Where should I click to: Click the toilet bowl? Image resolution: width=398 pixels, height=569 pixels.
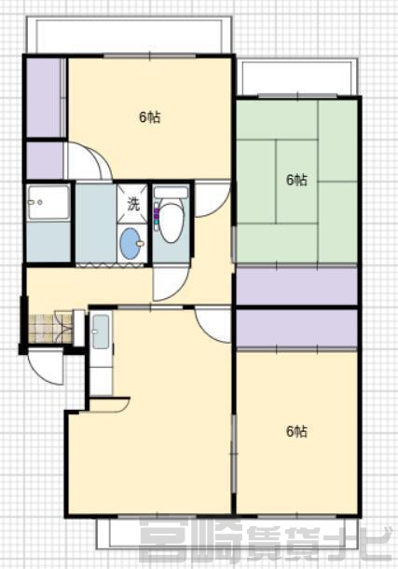point(172,223)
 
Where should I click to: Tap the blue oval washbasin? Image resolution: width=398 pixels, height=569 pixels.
point(132,243)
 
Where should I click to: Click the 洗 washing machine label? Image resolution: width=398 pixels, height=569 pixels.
point(133,204)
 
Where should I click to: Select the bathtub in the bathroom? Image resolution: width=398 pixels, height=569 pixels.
point(48,202)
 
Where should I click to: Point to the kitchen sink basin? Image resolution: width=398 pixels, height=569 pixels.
point(101,332)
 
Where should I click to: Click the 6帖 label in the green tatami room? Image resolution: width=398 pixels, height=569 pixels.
point(296,180)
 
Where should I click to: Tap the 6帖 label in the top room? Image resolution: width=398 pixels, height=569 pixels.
point(150,117)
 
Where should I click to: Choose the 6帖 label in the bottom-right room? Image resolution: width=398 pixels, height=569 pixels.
point(296,431)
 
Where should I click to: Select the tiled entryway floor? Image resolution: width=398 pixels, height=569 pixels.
point(50,328)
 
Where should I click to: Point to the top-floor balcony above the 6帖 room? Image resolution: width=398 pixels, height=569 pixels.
point(129,35)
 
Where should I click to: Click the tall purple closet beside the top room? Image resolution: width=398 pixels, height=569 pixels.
point(44,97)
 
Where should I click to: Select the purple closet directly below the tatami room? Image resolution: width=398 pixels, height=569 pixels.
point(296,286)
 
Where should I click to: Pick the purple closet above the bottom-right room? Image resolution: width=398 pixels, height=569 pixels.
point(296,328)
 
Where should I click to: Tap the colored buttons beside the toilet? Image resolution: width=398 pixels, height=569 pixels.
point(157,216)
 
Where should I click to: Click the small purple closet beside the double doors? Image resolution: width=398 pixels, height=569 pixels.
point(45,161)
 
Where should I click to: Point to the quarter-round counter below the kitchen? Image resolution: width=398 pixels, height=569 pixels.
point(110,405)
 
